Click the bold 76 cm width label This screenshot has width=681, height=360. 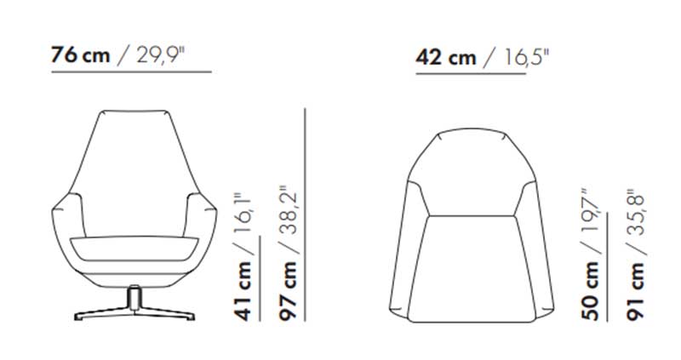coord(80,55)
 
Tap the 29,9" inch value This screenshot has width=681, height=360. coord(161,55)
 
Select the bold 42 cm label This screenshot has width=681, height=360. coord(445,57)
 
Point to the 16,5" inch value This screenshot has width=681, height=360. coord(526,57)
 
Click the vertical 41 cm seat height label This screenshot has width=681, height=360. coord(243,291)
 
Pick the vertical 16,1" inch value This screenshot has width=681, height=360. coord(243,214)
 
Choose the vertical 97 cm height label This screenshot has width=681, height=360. coord(289,291)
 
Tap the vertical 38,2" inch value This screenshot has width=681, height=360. coord(289,210)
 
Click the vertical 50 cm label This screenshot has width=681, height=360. coord(590,291)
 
